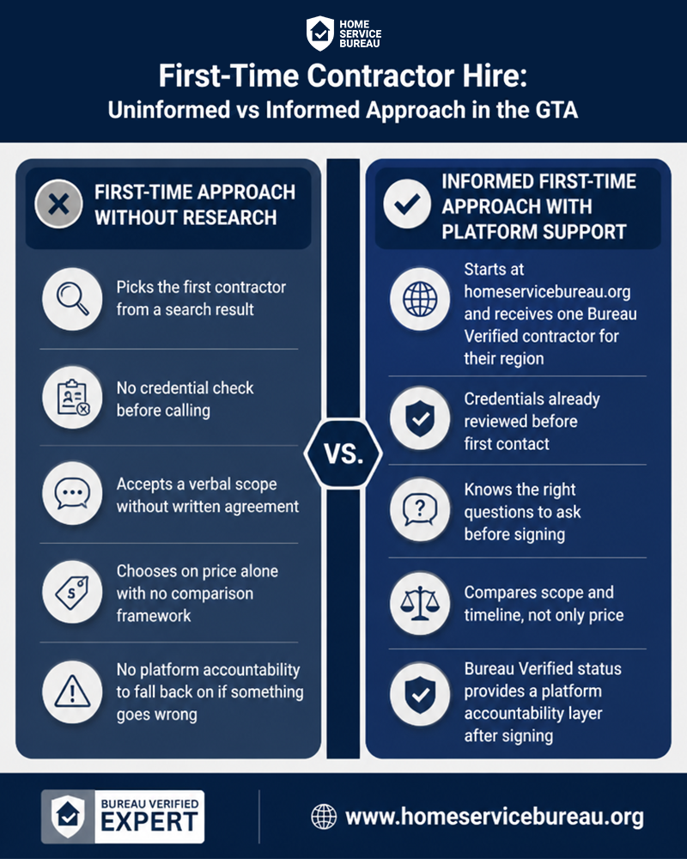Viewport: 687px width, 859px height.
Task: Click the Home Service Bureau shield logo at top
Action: pyautogui.click(x=320, y=34)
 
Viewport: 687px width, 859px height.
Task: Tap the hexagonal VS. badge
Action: pyautogui.click(x=343, y=454)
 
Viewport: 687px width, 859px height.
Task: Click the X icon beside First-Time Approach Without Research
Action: pyautogui.click(x=58, y=204)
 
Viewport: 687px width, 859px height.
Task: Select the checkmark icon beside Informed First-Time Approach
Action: pyautogui.click(x=407, y=204)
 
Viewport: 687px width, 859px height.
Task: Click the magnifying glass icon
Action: pyautogui.click(x=72, y=299)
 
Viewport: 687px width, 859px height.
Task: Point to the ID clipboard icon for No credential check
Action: pyautogui.click(x=72, y=398)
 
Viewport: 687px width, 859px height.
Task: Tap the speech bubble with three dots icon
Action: pyautogui.click(x=72, y=493)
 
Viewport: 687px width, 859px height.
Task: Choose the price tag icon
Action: pyautogui.click(x=72, y=592)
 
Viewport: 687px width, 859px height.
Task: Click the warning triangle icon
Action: pyautogui.click(x=72, y=691)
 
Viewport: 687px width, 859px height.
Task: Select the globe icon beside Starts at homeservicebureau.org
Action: pyautogui.click(x=420, y=299)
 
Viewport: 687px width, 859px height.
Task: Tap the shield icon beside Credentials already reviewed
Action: pyautogui.click(x=420, y=418)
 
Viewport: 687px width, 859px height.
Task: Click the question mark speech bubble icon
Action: pyautogui.click(x=420, y=509)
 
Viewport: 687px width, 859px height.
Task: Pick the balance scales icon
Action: pyautogui.click(x=420, y=604)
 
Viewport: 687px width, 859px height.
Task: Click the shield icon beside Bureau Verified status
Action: pyautogui.click(x=420, y=694)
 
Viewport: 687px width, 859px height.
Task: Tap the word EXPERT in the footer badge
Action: pyautogui.click(x=149, y=822)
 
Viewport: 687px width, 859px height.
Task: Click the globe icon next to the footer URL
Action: pyautogui.click(x=324, y=817)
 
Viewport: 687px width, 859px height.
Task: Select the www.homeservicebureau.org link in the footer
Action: pyautogui.click(x=494, y=817)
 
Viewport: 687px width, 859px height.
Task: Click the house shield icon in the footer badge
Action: pyautogui.click(x=69, y=817)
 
